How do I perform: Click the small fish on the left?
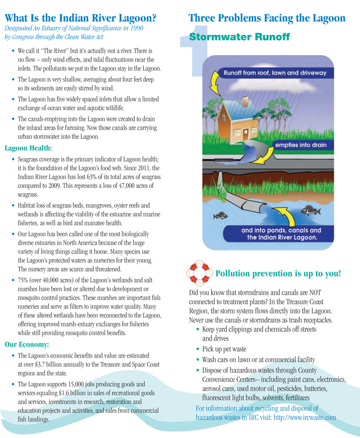pos(221,214)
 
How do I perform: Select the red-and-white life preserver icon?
pos(198,272)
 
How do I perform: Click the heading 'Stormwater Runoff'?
pos(239,37)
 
